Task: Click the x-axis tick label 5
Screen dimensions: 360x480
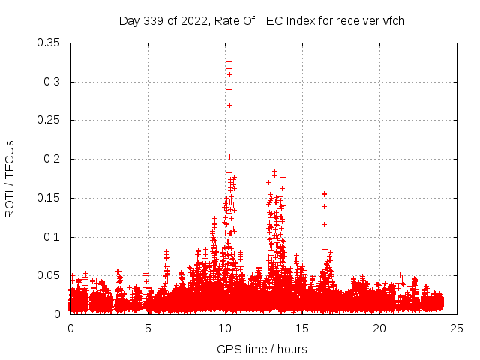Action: [x=148, y=328]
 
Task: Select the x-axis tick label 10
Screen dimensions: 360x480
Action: [x=225, y=328]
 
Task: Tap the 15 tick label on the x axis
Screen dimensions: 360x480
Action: [x=302, y=328]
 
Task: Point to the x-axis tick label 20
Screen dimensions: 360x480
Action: [x=379, y=328]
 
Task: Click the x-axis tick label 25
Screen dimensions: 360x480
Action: [x=457, y=328]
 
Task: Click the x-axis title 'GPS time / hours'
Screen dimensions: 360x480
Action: [x=262, y=349]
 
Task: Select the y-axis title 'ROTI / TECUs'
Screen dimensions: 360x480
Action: [x=10, y=178]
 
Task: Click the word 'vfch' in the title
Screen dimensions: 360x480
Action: [x=393, y=20]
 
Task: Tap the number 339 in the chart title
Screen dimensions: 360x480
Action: [x=154, y=20]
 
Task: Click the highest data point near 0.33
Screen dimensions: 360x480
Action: [x=229, y=61]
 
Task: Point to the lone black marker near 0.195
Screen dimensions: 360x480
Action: [x=283, y=163]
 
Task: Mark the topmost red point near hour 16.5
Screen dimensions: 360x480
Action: [x=324, y=194]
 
